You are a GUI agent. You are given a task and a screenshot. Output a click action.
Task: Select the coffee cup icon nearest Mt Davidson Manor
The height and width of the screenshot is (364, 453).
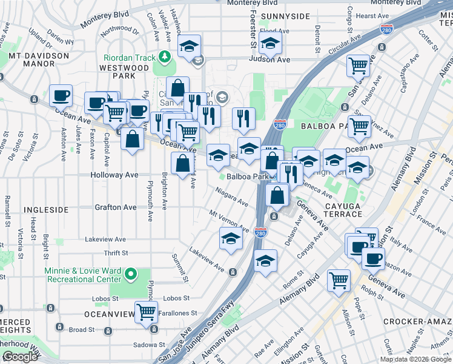[61, 96]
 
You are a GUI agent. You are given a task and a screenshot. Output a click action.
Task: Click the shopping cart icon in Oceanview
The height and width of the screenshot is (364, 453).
[146, 312]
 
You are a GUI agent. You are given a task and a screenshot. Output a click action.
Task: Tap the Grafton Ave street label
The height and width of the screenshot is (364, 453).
[116, 207]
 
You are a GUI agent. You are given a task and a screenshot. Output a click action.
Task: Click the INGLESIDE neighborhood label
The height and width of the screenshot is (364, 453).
[46, 210]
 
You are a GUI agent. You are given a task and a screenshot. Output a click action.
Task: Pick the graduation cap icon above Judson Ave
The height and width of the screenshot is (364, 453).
[270, 43]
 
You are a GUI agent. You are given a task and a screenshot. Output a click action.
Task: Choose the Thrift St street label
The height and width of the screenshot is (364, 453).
[116, 253]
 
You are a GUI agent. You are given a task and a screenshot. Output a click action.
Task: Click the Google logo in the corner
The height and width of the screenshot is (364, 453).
[19, 357]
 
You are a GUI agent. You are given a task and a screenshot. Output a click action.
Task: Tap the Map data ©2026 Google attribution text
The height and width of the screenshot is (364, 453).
[416, 359]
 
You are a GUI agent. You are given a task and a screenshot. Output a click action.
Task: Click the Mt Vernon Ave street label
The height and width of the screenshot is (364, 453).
[229, 221]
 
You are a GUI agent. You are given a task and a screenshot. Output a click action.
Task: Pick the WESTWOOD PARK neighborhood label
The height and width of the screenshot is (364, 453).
[125, 72]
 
